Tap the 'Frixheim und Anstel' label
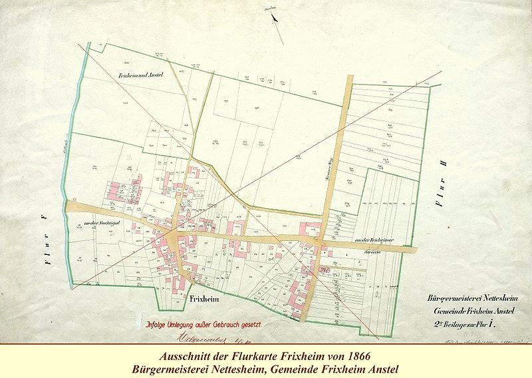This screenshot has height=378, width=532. pyautogui.click(x=150, y=75)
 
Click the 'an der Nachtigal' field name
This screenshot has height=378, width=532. pyautogui.click(x=96, y=222)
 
